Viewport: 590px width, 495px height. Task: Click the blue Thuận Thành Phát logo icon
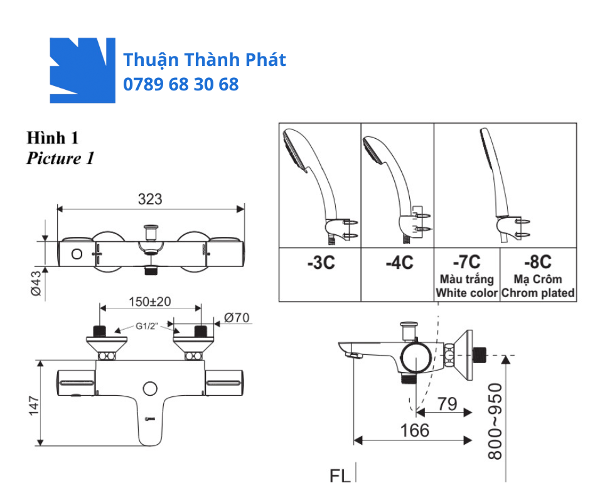[x=82, y=70]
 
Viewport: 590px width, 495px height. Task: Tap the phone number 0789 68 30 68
[x=181, y=84]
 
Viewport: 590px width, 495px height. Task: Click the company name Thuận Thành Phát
[x=204, y=60]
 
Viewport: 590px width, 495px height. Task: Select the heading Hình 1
[x=52, y=137]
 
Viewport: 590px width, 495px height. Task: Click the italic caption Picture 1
[x=60, y=158]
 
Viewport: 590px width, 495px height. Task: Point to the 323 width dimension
[x=149, y=199]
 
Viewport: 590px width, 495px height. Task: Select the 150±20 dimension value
[x=149, y=301]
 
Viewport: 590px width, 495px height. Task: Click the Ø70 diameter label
[x=236, y=318]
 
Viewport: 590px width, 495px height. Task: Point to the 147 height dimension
[x=35, y=405]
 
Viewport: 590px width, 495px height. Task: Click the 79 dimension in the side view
[x=447, y=404]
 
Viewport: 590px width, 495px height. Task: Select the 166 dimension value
[x=415, y=430]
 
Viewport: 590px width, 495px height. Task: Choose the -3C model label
[x=321, y=263]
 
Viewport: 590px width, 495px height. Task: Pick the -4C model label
[x=398, y=263]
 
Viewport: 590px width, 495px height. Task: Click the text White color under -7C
[x=467, y=293]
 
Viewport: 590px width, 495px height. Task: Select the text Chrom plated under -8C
[x=539, y=293]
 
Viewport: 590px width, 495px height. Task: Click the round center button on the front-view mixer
[x=150, y=388]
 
